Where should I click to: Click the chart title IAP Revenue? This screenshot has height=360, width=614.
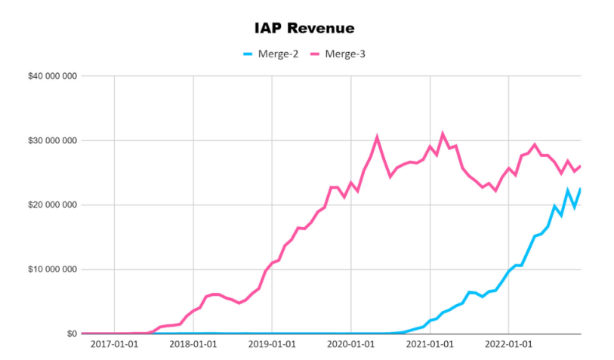pyautogui.click(x=304, y=29)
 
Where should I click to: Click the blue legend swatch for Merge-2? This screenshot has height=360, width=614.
pyautogui.click(x=248, y=54)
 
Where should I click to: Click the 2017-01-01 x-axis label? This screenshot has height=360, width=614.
pyautogui.click(x=114, y=345)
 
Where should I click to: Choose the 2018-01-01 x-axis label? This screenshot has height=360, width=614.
pyautogui.click(x=193, y=345)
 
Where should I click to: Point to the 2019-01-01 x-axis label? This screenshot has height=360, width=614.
pyautogui.click(x=272, y=345)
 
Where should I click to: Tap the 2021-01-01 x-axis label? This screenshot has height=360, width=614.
pyautogui.click(x=430, y=345)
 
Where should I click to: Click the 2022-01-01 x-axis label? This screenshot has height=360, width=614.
pyautogui.click(x=508, y=345)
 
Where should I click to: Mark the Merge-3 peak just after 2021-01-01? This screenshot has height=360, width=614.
pyautogui.click(x=443, y=134)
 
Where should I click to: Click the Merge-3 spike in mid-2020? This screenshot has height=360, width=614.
pyautogui.click(x=377, y=137)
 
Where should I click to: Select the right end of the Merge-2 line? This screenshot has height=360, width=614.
pyautogui.click(x=580, y=189)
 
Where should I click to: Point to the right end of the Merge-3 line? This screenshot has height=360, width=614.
pyautogui.click(x=580, y=166)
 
